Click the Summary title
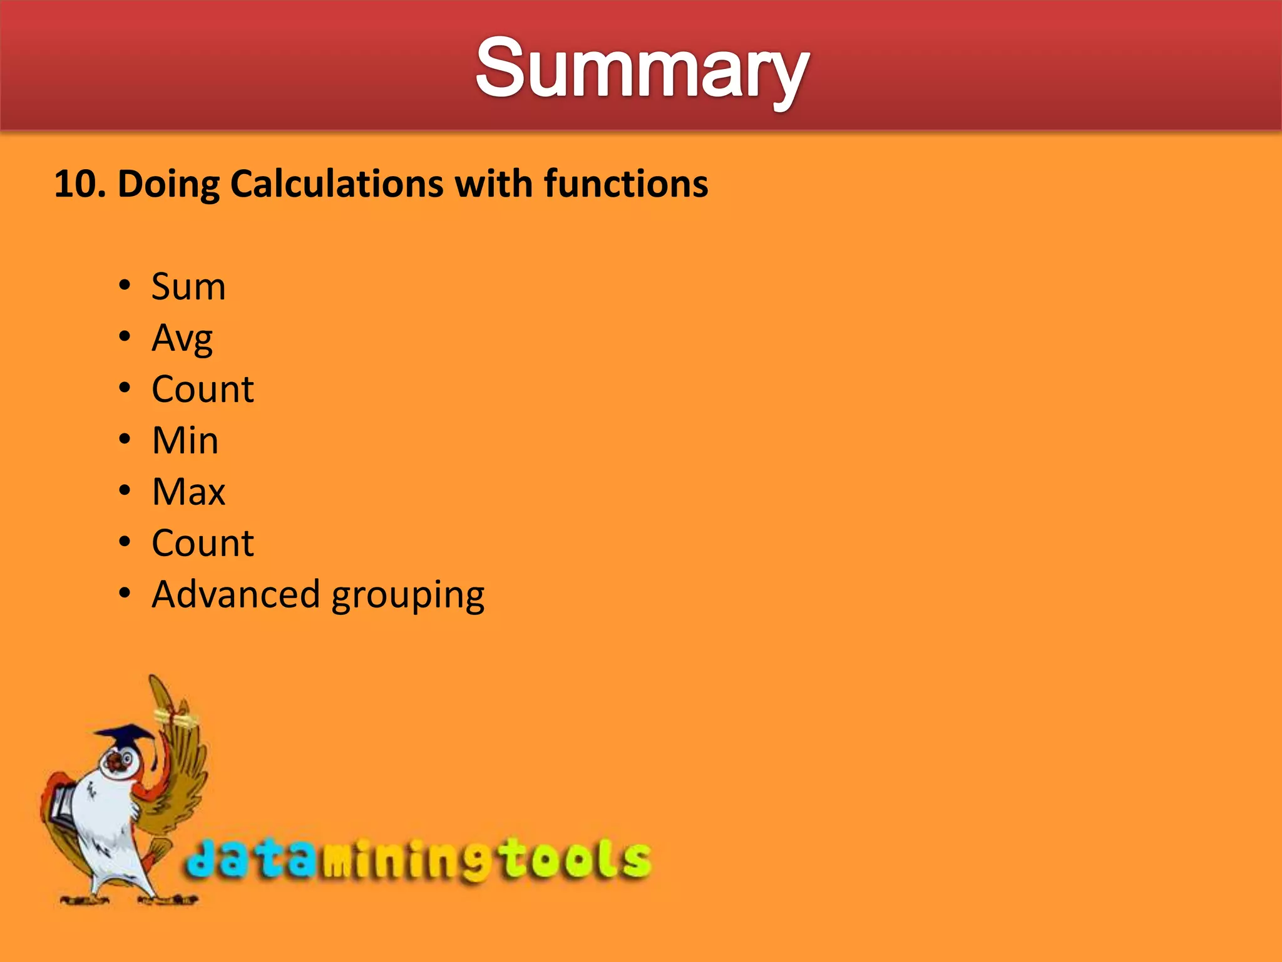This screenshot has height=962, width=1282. coord(642,69)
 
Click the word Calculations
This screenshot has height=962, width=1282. coord(337,184)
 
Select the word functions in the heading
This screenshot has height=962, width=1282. coord(625,184)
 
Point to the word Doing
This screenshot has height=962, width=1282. coord(168,185)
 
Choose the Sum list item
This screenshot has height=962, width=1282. coord(188,287)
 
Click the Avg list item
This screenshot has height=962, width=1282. coord(182,339)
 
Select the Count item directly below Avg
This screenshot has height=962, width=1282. coord(203,390)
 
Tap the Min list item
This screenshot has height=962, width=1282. coord(185,441)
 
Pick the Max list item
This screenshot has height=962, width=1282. coord(188,492)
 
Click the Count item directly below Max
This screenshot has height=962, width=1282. coord(203,543)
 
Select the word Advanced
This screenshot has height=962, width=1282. coord(236,594)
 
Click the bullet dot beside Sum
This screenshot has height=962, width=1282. coord(125,286)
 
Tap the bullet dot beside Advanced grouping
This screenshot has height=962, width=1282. coord(125,592)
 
